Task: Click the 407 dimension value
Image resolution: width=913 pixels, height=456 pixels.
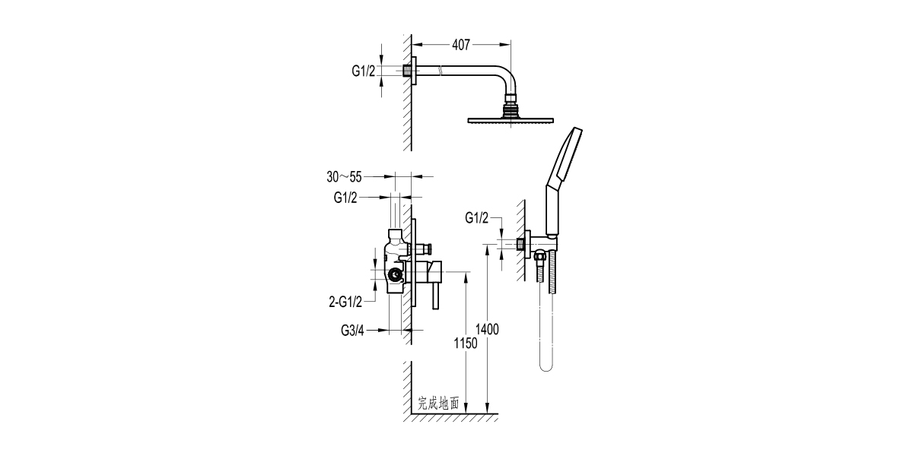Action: tap(460, 45)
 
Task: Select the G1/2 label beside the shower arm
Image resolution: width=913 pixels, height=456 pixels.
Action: tap(363, 71)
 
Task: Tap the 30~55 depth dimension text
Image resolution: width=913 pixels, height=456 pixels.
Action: tap(344, 177)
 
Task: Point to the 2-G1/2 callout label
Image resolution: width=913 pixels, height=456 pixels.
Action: tap(344, 302)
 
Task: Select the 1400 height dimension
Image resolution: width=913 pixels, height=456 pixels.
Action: tap(487, 328)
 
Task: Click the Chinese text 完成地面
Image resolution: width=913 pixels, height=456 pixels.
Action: tap(438, 404)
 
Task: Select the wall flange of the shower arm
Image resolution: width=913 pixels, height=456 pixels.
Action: tap(415, 71)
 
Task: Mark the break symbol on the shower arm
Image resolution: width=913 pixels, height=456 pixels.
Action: tap(441, 71)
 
